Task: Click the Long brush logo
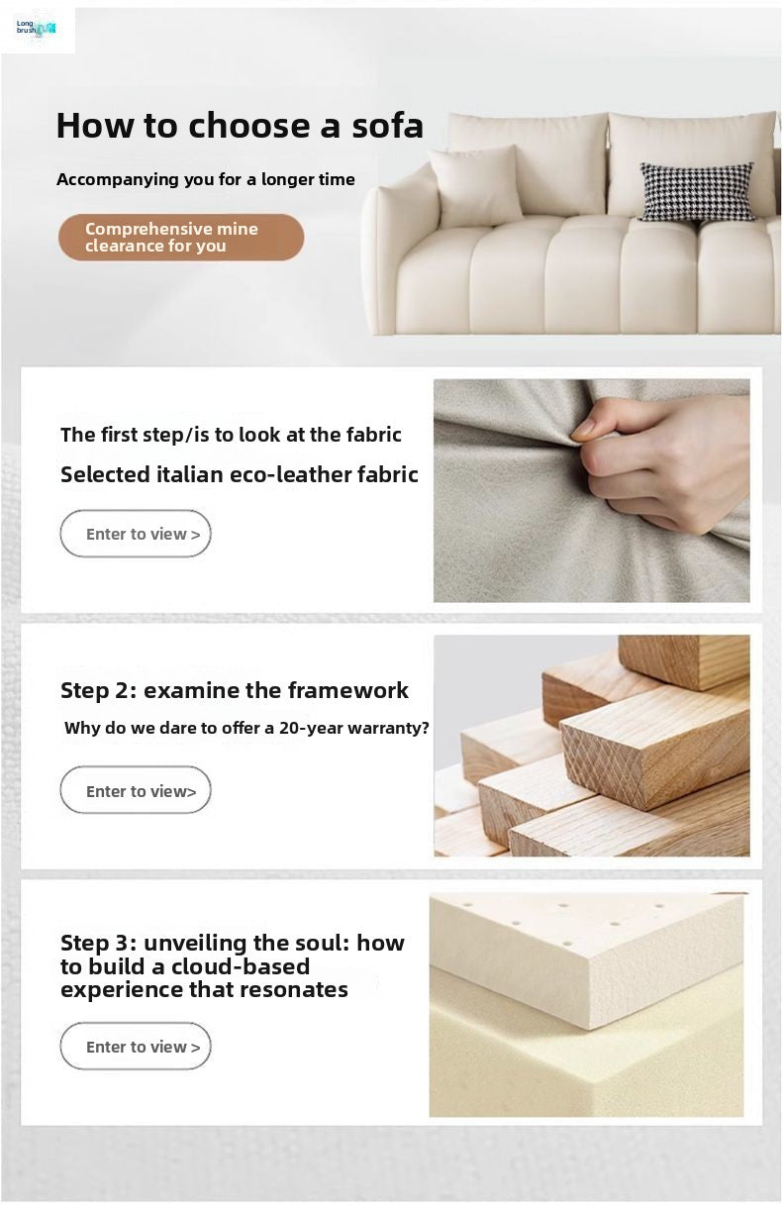[x=37, y=28]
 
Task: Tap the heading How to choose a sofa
[x=240, y=126]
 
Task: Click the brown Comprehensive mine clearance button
[x=181, y=238]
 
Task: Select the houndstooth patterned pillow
[x=697, y=192]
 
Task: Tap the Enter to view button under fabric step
[x=136, y=534]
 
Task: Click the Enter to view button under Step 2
[x=136, y=790]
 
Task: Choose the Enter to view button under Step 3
[x=136, y=1047]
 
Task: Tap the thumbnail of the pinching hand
[x=592, y=490]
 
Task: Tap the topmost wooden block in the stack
[x=684, y=661]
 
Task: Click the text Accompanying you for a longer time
[x=206, y=180]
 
